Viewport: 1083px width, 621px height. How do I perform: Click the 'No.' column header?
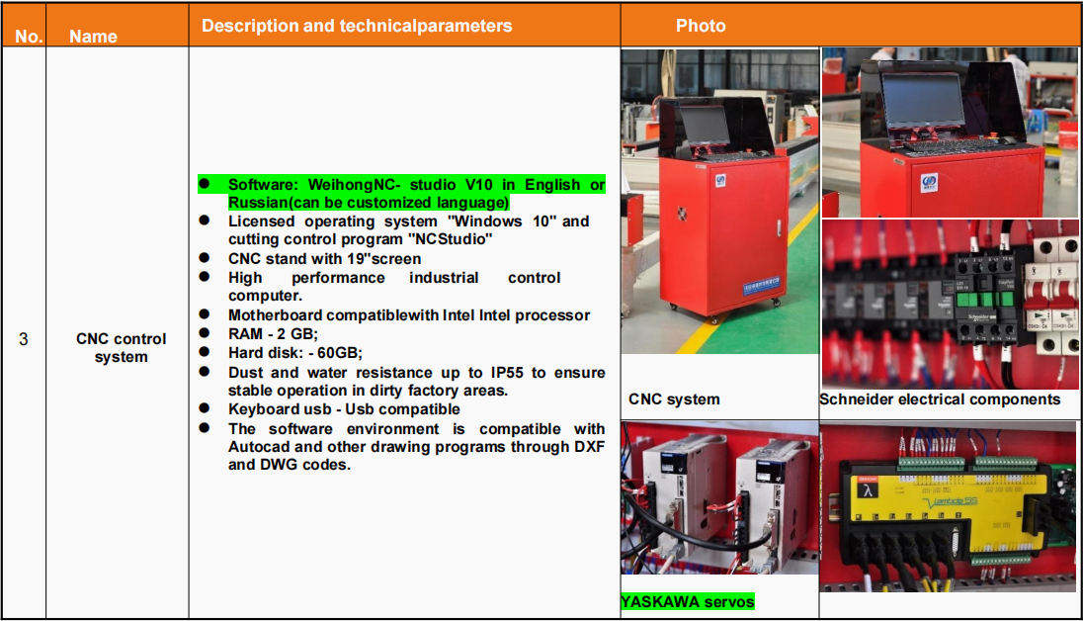click(29, 37)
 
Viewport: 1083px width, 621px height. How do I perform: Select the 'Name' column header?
click(93, 37)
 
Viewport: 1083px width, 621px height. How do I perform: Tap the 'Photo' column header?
click(701, 27)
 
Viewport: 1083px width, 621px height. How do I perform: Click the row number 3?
click(24, 339)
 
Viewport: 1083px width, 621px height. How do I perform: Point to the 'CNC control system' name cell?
click(121, 348)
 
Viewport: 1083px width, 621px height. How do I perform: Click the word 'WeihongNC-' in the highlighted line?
click(355, 185)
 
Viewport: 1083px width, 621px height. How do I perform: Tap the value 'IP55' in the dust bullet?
click(507, 373)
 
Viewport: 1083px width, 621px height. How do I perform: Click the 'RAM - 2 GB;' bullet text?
click(274, 334)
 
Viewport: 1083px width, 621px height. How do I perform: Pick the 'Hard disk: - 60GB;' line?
click(295, 353)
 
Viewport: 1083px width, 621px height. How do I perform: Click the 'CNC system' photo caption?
click(674, 399)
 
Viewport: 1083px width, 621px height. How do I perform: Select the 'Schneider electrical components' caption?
click(940, 399)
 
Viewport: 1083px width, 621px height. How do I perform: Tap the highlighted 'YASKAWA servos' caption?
click(687, 601)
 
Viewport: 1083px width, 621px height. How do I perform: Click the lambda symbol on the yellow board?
click(868, 490)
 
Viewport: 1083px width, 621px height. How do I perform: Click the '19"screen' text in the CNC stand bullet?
click(387, 259)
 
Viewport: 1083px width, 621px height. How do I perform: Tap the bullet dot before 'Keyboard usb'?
click(205, 408)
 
